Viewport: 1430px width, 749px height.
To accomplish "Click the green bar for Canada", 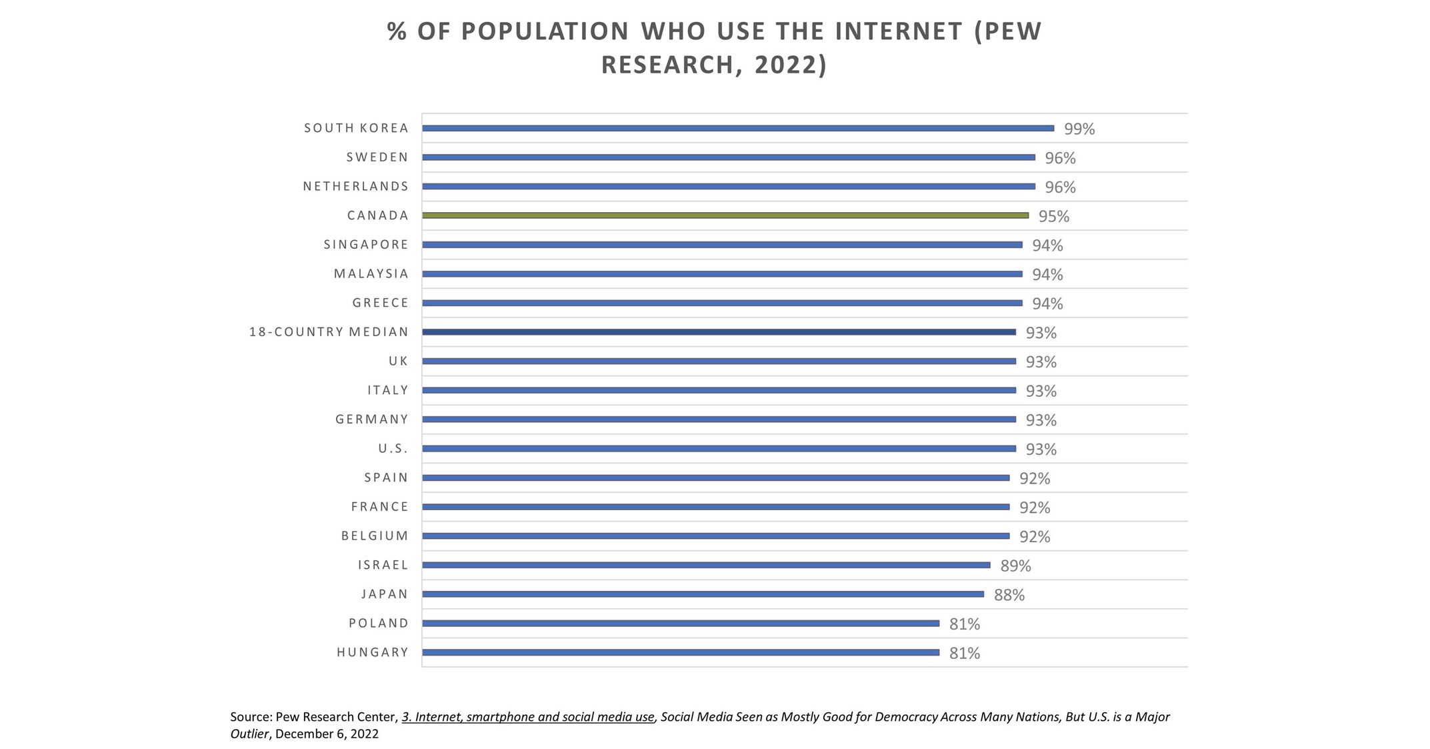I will [725, 215].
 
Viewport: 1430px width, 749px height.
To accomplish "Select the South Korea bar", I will [737, 128].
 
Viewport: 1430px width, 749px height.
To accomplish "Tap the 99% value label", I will [1079, 129].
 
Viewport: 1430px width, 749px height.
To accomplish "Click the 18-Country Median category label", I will [329, 332].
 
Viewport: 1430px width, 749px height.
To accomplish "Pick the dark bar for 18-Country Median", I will [719, 332].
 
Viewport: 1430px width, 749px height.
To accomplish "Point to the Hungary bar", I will [680, 652].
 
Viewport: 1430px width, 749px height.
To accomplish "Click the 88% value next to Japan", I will [1009, 595].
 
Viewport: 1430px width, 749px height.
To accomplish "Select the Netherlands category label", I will [355, 187].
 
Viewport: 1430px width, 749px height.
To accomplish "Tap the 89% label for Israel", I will [1015, 566].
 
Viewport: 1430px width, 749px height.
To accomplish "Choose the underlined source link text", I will [527, 717].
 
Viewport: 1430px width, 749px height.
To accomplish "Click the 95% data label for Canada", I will [1053, 217].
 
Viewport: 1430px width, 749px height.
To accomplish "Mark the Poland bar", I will [680, 624].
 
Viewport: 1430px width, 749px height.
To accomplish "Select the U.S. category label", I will [393, 449].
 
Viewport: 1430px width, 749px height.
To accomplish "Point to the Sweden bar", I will [728, 157].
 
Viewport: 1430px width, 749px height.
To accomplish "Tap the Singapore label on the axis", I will [366, 245].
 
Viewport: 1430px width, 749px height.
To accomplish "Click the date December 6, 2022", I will [327, 734].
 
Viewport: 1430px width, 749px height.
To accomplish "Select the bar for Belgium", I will [715, 536].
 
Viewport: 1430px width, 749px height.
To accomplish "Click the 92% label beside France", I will [1034, 508].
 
